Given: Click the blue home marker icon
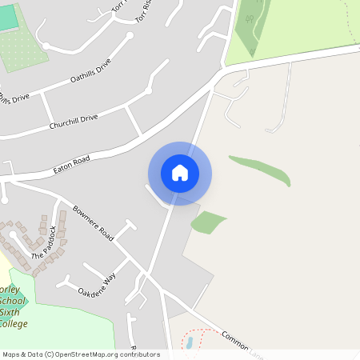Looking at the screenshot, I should (180, 173).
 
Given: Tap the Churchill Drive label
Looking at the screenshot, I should (73, 122).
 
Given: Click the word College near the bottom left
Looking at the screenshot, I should (14, 324).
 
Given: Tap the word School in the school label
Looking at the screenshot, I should (14, 302).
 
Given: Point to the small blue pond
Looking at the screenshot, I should (189, 343).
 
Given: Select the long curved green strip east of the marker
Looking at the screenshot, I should (261, 168).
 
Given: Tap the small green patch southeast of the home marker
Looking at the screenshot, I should (208, 222).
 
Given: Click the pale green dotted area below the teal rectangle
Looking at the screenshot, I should (20, 52).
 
